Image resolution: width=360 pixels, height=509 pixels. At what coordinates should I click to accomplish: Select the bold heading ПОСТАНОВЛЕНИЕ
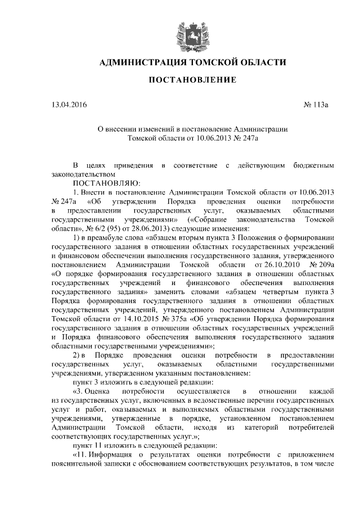[192, 81]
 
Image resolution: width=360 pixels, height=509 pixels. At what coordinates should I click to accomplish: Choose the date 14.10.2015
[120, 319]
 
